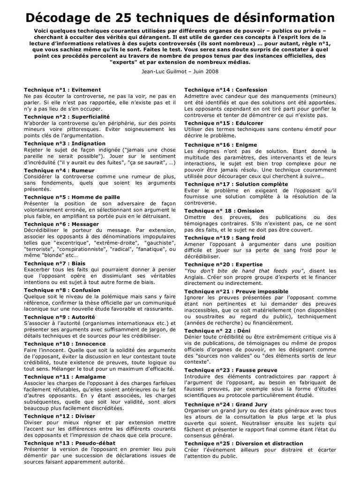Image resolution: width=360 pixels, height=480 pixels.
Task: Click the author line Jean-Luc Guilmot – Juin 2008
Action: click(x=180, y=71)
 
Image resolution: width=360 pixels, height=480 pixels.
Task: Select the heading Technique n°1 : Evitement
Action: click(x=62, y=90)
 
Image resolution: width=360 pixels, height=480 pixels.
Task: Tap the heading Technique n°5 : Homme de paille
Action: click(x=72, y=197)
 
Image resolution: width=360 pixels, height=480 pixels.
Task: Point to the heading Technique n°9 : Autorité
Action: click(x=59, y=317)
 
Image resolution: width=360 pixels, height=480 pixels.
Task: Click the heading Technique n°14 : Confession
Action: click(x=225, y=90)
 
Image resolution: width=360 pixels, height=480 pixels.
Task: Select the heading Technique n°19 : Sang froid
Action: click(x=225, y=238)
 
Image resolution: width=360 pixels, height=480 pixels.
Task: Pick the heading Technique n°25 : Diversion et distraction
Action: click(x=243, y=443)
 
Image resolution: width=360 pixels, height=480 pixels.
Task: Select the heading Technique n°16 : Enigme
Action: click(x=220, y=145)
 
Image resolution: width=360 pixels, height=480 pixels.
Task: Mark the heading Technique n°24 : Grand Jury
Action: click(x=225, y=404)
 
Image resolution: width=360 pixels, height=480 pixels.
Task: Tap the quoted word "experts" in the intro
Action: click(x=123, y=61)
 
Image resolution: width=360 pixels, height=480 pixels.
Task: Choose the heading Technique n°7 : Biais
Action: click(x=55, y=263)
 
